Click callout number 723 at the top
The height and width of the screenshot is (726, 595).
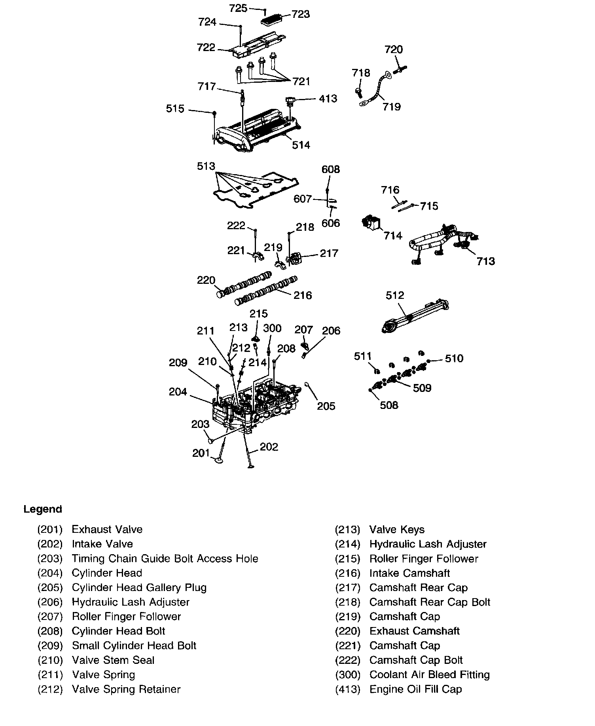pyautogui.click(x=301, y=15)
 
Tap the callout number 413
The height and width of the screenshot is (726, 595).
pyautogui.click(x=328, y=98)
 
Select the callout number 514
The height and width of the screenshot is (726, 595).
pyautogui.click(x=301, y=145)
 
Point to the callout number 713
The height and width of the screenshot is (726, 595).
pyautogui.click(x=485, y=261)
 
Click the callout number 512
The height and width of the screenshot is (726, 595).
pyautogui.click(x=395, y=295)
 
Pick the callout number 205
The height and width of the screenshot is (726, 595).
pyautogui.click(x=326, y=406)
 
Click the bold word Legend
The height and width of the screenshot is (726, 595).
pyautogui.click(x=43, y=509)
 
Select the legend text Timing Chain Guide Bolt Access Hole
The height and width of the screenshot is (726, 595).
pyautogui.click(x=165, y=559)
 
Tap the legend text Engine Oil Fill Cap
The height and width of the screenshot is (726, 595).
pyautogui.click(x=415, y=689)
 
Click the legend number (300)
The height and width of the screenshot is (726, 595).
pyautogui.click(x=348, y=675)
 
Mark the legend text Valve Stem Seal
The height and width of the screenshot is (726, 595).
pyautogui.click(x=113, y=660)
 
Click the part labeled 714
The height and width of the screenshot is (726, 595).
pyautogui.click(x=371, y=224)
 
